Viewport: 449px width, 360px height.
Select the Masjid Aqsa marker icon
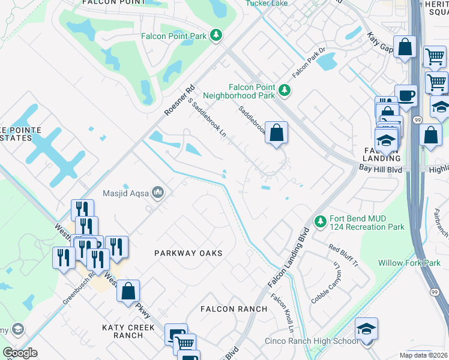(x=158, y=192)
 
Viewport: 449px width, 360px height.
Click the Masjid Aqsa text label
(x=128, y=192)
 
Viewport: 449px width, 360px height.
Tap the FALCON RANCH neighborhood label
(x=235, y=309)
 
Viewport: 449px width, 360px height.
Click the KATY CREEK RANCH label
(x=128, y=331)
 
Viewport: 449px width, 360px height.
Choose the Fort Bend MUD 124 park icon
(x=321, y=222)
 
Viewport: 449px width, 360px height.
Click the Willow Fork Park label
(x=409, y=263)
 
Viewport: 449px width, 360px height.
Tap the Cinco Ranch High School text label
(x=312, y=341)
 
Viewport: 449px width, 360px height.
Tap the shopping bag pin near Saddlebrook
(x=276, y=133)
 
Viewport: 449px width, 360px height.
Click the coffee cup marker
(x=406, y=95)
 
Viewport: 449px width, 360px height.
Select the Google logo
(x=20, y=353)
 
